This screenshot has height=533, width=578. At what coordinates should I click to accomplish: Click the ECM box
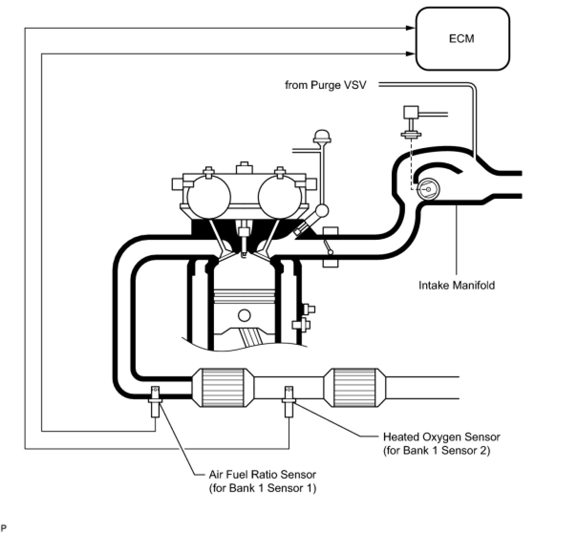click(462, 39)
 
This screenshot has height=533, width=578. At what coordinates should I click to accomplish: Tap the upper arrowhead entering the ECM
click(411, 28)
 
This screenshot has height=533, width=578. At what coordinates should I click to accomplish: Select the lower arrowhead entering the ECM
click(411, 53)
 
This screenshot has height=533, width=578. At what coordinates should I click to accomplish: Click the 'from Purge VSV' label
click(325, 85)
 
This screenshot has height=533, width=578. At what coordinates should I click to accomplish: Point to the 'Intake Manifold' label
click(457, 285)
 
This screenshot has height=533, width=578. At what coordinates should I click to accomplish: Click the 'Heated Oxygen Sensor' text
click(441, 437)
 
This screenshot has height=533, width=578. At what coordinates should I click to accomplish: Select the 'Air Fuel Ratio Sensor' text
click(263, 474)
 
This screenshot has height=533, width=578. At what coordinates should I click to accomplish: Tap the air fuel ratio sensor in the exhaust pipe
click(155, 402)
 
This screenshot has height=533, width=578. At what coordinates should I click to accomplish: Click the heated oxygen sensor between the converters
click(289, 402)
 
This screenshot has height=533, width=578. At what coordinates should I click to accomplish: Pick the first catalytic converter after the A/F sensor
click(223, 388)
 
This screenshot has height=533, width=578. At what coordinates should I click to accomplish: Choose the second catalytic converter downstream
click(355, 388)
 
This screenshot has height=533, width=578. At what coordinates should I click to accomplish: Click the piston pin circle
click(244, 315)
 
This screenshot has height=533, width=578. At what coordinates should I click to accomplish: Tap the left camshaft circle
click(209, 197)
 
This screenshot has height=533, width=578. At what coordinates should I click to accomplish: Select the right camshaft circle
click(280, 197)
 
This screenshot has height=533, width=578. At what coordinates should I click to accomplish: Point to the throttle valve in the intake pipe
click(329, 246)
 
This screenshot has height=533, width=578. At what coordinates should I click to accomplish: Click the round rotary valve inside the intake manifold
click(428, 189)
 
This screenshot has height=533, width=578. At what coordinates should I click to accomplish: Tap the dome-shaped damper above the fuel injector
click(322, 136)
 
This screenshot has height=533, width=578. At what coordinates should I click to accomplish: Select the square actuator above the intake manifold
click(411, 112)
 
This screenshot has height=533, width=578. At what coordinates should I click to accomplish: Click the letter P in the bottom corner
click(4, 528)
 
